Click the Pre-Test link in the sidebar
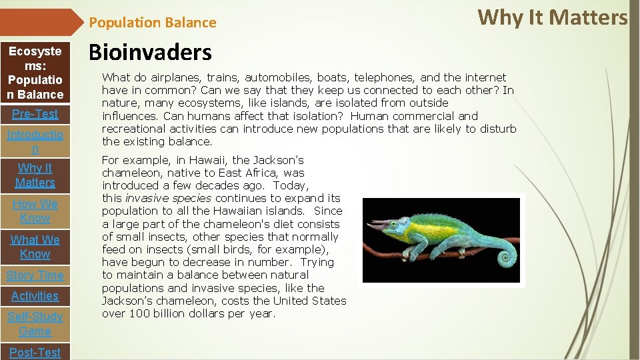click(x=35, y=114)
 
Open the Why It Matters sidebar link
click(x=35, y=175)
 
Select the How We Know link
click(x=35, y=211)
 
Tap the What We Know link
click(x=35, y=247)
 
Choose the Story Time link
click(x=35, y=275)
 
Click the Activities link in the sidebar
click(x=35, y=296)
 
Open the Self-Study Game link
click(x=35, y=324)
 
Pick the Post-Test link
click(x=35, y=352)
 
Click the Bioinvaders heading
click(x=150, y=53)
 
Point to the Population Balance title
click(x=153, y=23)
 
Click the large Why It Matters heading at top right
click(x=553, y=17)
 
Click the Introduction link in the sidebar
click(x=35, y=142)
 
